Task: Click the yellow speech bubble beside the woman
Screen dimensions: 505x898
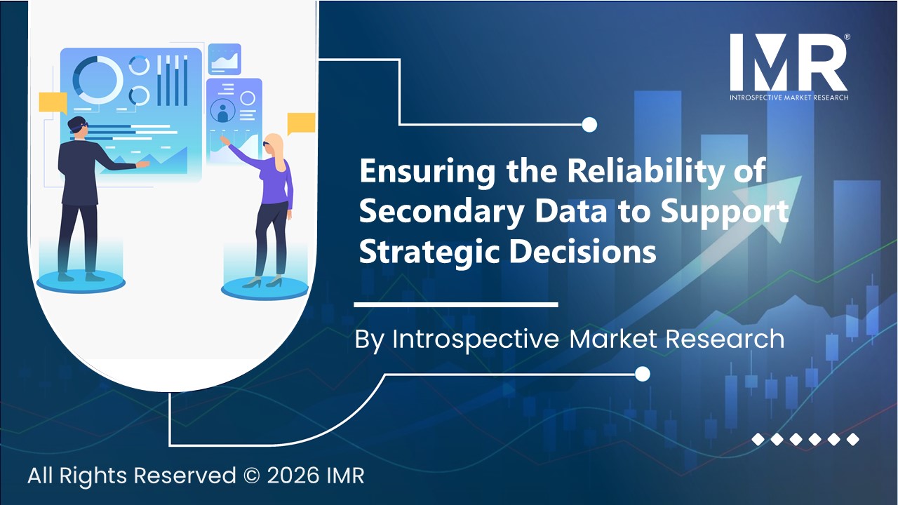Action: click(x=301, y=123)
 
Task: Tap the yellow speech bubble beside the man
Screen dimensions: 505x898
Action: click(x=53, y=103)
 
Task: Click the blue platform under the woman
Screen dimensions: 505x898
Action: click(x=264, y=288)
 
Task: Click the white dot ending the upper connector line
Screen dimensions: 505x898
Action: click(x=589, y=125)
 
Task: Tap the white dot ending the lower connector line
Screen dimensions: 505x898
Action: click(x=642, y=375)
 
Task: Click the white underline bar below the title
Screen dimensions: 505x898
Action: click(x=455, y=305)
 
